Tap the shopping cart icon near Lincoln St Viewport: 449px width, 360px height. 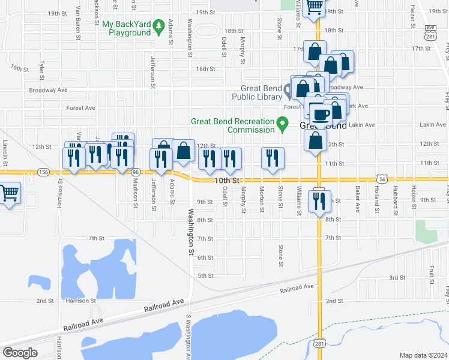pyautogui.click(x=8, y=193)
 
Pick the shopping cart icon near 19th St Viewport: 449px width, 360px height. pyautogui.click(x=314, y=7)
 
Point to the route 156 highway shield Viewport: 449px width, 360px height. pyautogui.click(x=43, y=172)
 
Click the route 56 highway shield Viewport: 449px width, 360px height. pyautogui.click(x=382, y=178)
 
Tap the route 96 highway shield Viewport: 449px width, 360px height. pyautogui.click(x=136, y=172)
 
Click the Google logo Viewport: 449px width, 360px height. pyautogui.click(x=19, y=353)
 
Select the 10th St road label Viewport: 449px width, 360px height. pyautogui.click(x=228, y=180)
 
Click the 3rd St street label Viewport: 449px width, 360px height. pyautogui.click(x=397, y=278)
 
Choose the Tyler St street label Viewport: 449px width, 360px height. pyautogui.click(x=41, y=69)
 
